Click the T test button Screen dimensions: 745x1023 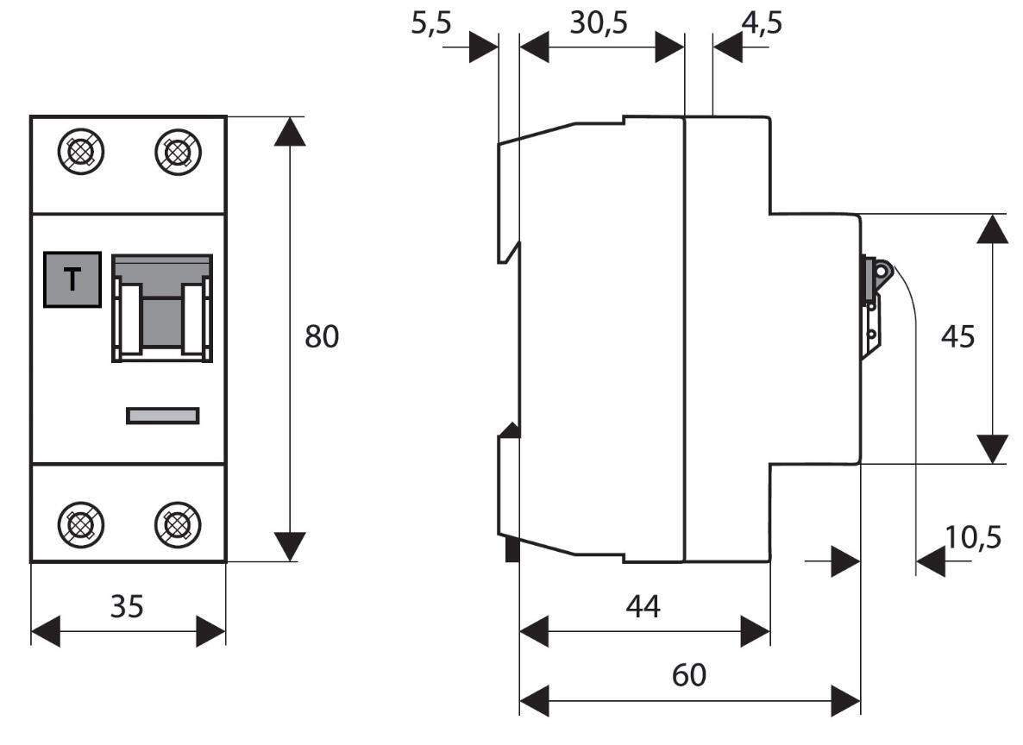point(72,279)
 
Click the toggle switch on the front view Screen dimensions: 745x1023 point(162,308)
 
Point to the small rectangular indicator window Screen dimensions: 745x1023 point(163,416)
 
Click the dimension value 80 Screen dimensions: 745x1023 point(322,337)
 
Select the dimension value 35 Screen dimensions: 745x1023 point(127,607)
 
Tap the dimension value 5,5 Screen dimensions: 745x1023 point(430,23)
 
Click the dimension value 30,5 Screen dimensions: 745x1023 point(598,23)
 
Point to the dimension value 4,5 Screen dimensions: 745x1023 point(762,23)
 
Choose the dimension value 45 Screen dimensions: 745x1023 point(957,337)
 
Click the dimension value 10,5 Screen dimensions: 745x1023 point(973,538)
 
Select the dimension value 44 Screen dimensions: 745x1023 point(643,607)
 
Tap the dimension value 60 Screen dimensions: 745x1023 point(688,675)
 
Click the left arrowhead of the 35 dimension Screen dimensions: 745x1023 point(45,631)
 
